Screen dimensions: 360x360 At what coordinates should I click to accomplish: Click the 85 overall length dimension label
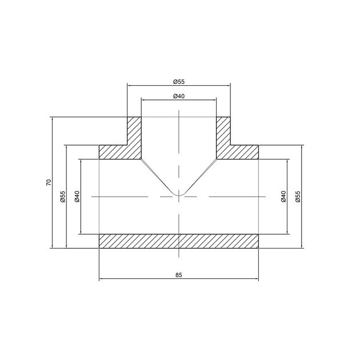click(179, 275)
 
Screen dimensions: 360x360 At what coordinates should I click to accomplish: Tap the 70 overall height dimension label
click(49, 182)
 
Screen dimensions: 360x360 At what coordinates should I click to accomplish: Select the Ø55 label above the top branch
click(179, 82)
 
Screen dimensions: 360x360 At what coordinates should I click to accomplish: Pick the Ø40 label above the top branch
click(179, 96)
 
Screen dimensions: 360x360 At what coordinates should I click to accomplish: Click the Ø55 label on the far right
click(298, 197)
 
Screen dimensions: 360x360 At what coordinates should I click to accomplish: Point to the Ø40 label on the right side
click(283, 197)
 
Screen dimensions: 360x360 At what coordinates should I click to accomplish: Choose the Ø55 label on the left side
click(63, 197)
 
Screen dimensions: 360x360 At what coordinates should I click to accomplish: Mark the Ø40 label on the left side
click(77, 197)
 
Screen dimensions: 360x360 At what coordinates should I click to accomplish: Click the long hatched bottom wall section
click(179, 241)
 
